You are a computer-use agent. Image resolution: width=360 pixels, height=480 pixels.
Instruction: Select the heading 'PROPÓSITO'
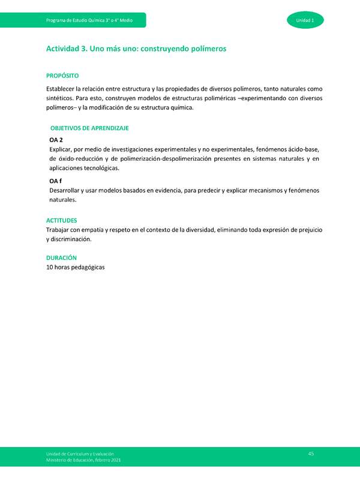[62, 76]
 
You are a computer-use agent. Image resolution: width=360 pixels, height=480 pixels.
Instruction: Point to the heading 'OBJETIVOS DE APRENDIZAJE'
[89, 128]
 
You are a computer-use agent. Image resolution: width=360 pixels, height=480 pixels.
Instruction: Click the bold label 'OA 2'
[56, 140]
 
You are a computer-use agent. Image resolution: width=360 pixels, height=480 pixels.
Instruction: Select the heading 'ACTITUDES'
[61, 220]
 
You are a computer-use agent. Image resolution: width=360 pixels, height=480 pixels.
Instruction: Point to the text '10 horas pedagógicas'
[76, 267]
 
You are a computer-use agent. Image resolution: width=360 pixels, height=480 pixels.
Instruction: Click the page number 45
[311, 454]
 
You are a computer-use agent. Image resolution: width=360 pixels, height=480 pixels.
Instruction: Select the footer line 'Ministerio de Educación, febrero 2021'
[83, 460]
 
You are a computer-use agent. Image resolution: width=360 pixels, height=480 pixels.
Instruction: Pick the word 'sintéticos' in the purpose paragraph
[61, 98]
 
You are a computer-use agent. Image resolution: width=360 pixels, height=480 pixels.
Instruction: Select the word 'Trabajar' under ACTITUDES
[59, 230]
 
